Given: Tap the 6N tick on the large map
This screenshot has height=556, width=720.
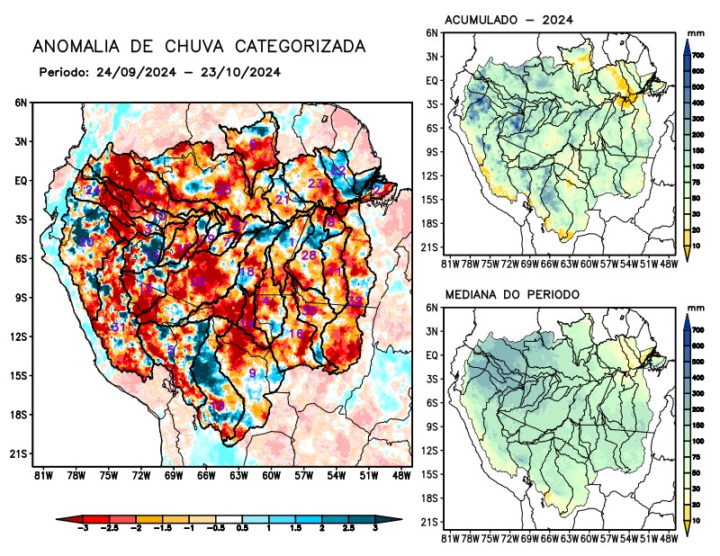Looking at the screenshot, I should tap(21, 103).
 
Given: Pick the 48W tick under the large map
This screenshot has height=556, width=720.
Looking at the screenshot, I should tap(401, 474).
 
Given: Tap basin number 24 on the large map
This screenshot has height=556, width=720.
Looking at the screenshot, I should tap(92, 191).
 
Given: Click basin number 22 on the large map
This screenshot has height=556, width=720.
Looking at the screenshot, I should tap(338, 170).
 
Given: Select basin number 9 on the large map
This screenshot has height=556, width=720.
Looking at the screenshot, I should tap(253, 373).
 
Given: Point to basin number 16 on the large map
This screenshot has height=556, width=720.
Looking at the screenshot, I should tap(295, 334).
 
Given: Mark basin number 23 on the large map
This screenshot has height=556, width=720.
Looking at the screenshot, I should tap(316, 184).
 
